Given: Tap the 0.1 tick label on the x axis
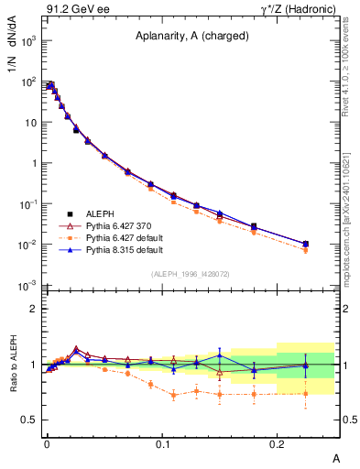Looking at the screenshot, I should pyautogui.click(x=161, y=442).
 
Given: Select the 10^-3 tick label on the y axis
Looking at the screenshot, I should pyautogui.click(x=28, y=286).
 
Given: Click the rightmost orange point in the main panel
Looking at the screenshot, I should pyautogui.click(x=306, y=250).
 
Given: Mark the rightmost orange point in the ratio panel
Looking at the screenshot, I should pyautogui.click(x=306, y=394).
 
